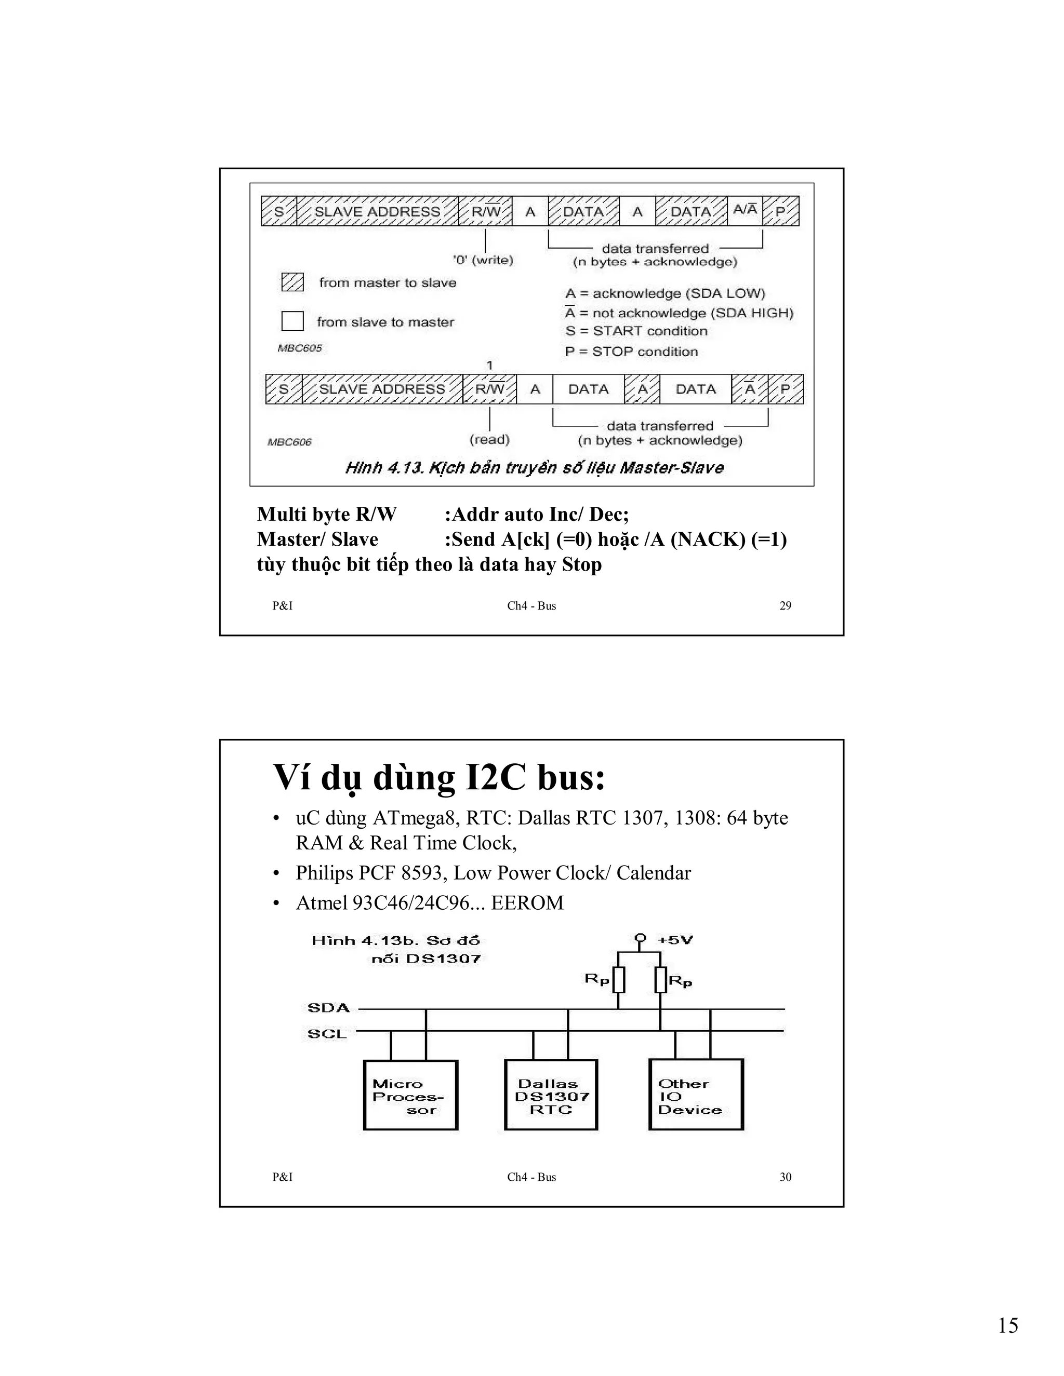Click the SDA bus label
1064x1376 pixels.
pyautogui.click(x=328, y=1007)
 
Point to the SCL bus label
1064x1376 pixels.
pyautogui.click(x=326, y=1034)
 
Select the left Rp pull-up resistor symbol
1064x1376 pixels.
pyautogui.click(x=618, y=980)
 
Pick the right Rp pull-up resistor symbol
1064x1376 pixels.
pyautogui.click(x=660, y=980)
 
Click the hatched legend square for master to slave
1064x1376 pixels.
pyautogui.click(x=292, y=282)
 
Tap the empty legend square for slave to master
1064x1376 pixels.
pyautogui.click(x=292, y=321)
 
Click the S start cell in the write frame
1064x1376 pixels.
pyautogui.click(x=278, y=211)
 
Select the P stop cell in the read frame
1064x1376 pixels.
pyautogui.click(x=786, y=389)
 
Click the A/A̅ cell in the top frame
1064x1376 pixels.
pyautogui.click(x=745, y=210)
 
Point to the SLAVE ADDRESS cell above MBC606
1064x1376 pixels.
pyautogui.click(x=382, y=389)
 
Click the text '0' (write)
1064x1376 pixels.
pyautogui.click(x=483, y=260)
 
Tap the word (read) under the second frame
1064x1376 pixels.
pyautogui.click(x=489, y=439)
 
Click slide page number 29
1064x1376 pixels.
pyautogui.click(x=786, y=605)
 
